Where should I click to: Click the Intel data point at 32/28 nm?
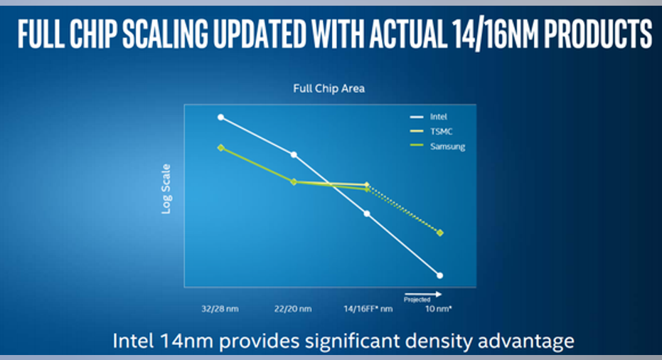coord(221,117)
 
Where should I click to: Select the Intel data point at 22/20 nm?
coord(294,154)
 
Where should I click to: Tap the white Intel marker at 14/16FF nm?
coord(367,213)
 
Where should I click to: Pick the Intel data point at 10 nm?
coord(440,275)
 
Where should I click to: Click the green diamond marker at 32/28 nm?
coord(221,147)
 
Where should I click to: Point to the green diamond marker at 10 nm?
coord(440,233)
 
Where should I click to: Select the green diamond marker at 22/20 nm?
coord(294,181)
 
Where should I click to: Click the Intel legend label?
coord(438,117)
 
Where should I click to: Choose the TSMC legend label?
coord(441,132)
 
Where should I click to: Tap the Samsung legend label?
coord(447,147)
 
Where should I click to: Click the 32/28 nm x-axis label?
coord(220,309)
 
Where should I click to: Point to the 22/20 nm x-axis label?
coord(293,309)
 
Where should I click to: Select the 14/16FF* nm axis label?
coord(368,309)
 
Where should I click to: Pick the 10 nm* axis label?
coord(438,309)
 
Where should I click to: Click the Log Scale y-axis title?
coord(166,189)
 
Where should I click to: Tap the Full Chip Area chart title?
coord(329,88)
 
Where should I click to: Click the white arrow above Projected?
coord(423,294)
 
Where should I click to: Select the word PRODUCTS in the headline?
coord(598,34)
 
